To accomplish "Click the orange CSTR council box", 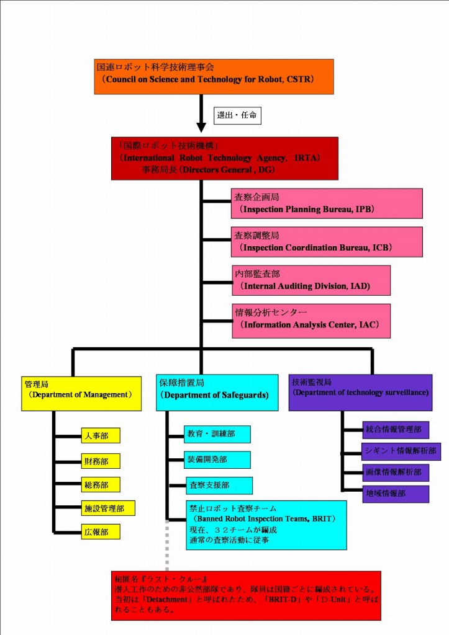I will point(214,76).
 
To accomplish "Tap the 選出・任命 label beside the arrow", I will point(237,115).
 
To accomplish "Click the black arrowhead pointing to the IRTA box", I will point(201,127).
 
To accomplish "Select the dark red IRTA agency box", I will point(224,158).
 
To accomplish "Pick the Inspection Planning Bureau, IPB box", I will point(327,203).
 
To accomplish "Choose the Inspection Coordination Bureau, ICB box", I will point(327,242).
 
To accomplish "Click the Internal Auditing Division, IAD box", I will point(311,280).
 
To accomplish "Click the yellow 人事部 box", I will point(100,436).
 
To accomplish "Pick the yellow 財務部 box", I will point(100,461).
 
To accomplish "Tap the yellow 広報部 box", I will point(100,531).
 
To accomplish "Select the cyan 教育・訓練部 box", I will point(217,434).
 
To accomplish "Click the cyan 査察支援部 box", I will point(211,486).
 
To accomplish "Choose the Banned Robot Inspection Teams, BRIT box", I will point(266,525).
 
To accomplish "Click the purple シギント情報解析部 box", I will point(401,451).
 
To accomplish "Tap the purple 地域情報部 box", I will point(395,494).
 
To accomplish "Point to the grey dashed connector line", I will point(166,546).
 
